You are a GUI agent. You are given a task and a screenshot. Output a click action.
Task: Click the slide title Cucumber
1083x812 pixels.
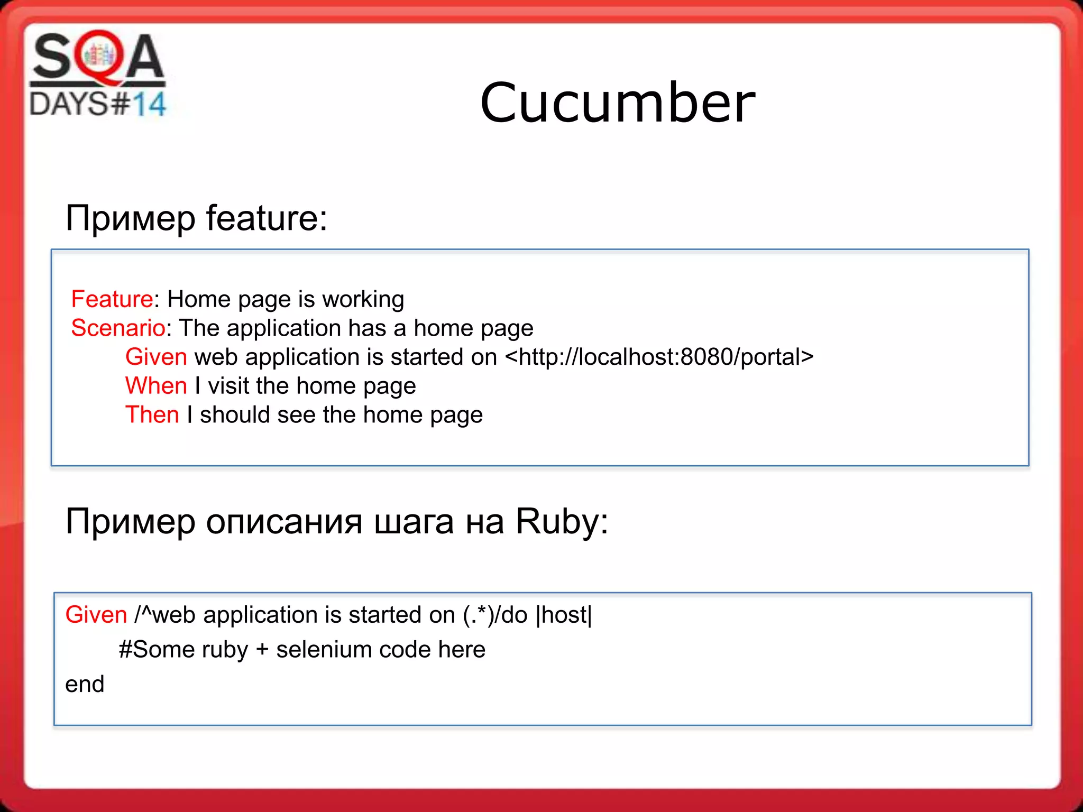[x=617, y=103]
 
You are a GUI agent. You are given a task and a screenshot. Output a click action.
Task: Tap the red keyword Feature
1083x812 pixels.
[x=112, y=299]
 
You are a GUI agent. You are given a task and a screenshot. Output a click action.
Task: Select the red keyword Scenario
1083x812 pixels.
[x=118, y=328]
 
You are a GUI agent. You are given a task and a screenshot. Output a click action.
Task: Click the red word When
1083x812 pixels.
[x=156, y=386]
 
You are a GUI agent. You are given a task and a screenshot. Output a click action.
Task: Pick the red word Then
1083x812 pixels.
[x=152, y=415]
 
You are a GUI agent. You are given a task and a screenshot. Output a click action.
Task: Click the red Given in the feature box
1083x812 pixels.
[x=156, y=357]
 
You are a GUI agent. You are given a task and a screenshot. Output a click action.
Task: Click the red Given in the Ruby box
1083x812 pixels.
[x=96, y=615]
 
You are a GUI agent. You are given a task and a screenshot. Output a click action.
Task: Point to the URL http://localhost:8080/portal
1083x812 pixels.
[x=659, y=357]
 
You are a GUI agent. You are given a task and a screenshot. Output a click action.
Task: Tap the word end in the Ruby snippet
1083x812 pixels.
[x=85, y=684]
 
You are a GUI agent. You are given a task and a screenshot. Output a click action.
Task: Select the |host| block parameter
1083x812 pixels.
[x=564, y=615]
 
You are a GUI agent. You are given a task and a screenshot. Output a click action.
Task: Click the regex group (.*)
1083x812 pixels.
[x=479, y=615]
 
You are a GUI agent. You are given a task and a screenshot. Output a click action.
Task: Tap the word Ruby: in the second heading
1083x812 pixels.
[x=562, y=522]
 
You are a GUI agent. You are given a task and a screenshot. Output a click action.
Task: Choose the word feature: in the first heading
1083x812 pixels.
[x=267, y=218]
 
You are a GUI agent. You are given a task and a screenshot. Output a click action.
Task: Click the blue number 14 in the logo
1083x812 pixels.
[x=149, y=104]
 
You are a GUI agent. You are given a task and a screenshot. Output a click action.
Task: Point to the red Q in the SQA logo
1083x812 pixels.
[x=98, y=57]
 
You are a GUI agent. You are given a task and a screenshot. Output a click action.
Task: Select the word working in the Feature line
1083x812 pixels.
[x=363, y=299]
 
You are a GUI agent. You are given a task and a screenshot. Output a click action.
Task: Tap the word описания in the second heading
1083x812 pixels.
[x=284, y=522]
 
